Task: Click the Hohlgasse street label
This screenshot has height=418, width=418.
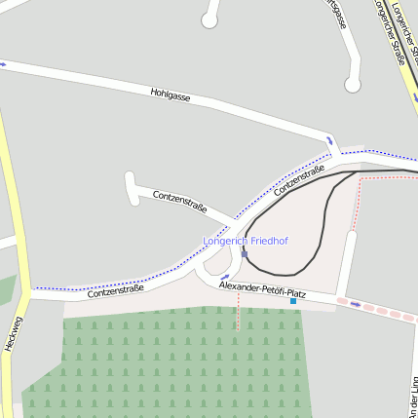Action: [170, 96]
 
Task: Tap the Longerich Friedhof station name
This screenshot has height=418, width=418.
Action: [246, 240]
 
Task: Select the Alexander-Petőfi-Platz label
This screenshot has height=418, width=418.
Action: [262, 291]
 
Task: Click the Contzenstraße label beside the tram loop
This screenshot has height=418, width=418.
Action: [298, 179]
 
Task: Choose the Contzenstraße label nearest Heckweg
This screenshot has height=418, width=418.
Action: [115, 288]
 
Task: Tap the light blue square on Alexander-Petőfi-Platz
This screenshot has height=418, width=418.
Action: [292, 301]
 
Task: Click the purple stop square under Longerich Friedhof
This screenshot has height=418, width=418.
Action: [245, 254]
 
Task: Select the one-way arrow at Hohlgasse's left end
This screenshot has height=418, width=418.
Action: [3, 64]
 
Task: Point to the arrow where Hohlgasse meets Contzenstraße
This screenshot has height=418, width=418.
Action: [329, 141]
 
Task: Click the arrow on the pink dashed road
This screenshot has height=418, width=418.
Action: [356, 304]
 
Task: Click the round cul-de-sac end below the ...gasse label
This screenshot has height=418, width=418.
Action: [353, 86]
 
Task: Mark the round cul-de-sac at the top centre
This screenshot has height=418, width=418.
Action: [209, 19]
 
